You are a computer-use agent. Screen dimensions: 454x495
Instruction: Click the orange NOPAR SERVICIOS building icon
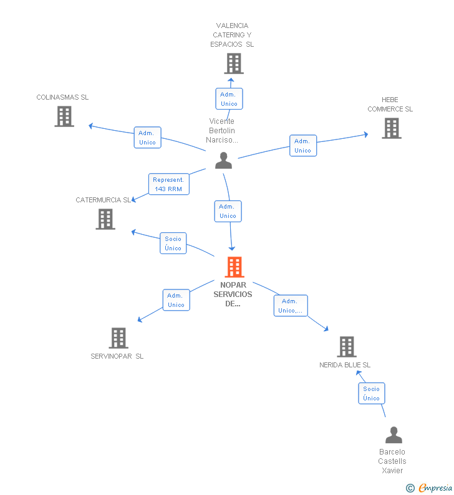234,267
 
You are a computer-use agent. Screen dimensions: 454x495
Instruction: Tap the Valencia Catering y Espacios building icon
234,64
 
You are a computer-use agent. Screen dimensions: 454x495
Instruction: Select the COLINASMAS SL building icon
64,116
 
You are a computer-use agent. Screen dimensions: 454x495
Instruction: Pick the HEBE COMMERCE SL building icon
392,128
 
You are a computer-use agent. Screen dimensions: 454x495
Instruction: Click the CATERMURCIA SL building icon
105,219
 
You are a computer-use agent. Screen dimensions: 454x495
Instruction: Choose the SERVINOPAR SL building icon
119,338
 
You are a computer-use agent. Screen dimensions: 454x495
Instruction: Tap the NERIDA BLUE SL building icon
347,347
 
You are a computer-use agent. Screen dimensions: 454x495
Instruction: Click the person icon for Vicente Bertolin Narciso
223,161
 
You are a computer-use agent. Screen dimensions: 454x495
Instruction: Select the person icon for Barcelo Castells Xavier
394,435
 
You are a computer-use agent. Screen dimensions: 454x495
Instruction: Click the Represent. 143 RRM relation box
169,184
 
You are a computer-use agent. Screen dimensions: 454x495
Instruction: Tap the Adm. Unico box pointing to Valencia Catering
229,99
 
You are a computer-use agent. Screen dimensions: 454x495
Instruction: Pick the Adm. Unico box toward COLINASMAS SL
148,138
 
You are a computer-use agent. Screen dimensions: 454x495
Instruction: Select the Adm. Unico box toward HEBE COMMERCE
303,146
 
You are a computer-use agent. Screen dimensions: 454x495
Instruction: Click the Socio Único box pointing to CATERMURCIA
173,243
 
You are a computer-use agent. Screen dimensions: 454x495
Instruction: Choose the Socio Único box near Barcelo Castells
372,394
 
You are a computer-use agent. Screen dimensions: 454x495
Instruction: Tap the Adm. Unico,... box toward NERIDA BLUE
291,306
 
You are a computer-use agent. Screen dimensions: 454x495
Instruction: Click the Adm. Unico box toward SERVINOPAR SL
176,300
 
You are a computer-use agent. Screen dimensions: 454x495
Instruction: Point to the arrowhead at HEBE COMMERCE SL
366,134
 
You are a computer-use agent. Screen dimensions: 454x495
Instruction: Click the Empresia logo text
435,488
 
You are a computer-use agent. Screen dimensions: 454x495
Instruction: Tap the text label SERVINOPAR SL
117,356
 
